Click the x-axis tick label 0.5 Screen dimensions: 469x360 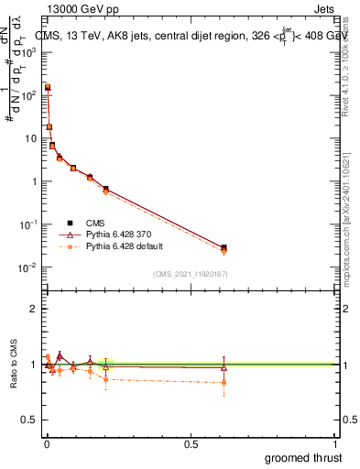pyautogui.click(x=191, y=443)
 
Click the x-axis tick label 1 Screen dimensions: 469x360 pyautogui.click(x=334, y=443)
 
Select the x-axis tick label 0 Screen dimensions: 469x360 pyautogui.click(x=47, y=443)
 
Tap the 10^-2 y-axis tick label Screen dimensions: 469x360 pyautogui.click(x=28, y=267)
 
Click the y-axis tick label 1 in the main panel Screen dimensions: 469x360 pyautogui.click(x=34, y=181)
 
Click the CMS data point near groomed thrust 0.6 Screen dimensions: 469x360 pyautogui.click(x=224, y=247)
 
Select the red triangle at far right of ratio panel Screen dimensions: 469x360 pyautogui.click(x=224, y=367)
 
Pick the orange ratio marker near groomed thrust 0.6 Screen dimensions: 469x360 pyautogui.click(x=224, y=382)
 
